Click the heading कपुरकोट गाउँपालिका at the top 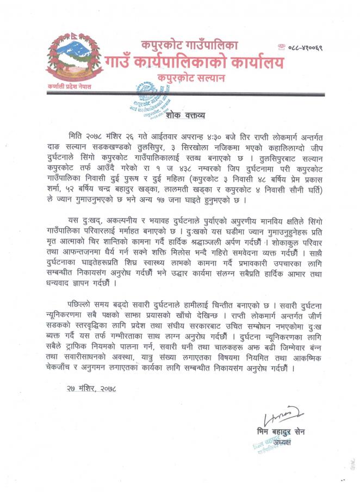(189, 46)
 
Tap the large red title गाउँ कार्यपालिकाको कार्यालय (195, 63)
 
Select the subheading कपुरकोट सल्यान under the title (189, 78)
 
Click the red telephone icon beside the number (281, 48)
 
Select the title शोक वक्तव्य (189, 116)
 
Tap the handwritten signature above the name (284, 416)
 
